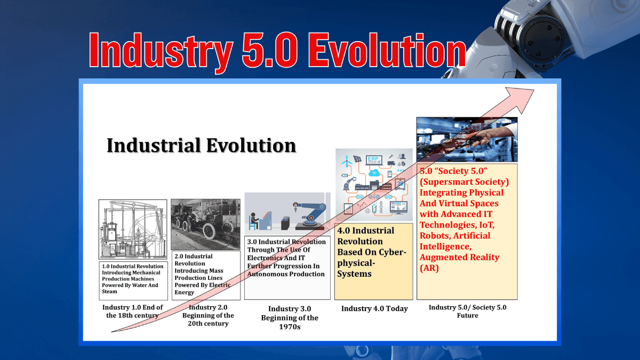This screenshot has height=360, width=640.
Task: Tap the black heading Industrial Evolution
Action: (201, 145)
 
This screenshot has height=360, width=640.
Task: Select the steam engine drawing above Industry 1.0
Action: (132, 229)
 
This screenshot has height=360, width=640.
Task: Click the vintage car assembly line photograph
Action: (205, 224)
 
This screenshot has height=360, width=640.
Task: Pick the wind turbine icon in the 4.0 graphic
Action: (345, 160)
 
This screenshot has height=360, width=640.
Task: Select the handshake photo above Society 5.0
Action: (467, 139)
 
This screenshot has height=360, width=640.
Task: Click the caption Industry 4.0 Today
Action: (374, 309)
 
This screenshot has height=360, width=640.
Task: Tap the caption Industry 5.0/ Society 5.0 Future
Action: (467, 311)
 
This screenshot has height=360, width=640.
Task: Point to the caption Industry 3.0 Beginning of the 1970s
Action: (289, 318)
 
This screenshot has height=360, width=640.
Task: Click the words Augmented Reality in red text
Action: (459, 257)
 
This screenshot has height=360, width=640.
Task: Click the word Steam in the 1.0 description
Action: (109, 292)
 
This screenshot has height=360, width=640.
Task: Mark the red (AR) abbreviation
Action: (429, 268)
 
